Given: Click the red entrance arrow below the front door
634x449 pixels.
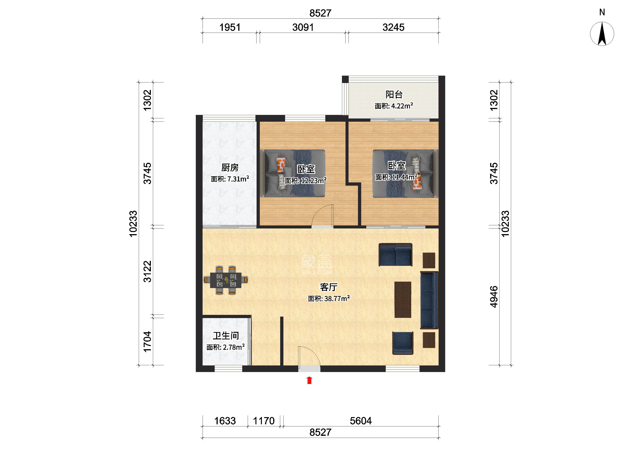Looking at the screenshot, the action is coord(309,380).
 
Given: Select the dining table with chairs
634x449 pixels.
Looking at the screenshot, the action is coord(226,280).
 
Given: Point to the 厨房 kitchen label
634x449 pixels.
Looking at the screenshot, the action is coord(230,168).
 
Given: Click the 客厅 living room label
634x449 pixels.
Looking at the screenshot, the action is coord(329,287).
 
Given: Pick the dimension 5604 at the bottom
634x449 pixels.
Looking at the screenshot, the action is coord(361,421).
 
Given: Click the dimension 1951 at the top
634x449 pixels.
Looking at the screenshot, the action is coord(230,27).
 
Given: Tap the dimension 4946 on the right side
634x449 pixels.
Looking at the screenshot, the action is coord(494,297).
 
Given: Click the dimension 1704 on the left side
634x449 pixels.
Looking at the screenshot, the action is coord(147,341).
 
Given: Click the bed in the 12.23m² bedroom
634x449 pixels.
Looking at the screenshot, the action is coord(292,173).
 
